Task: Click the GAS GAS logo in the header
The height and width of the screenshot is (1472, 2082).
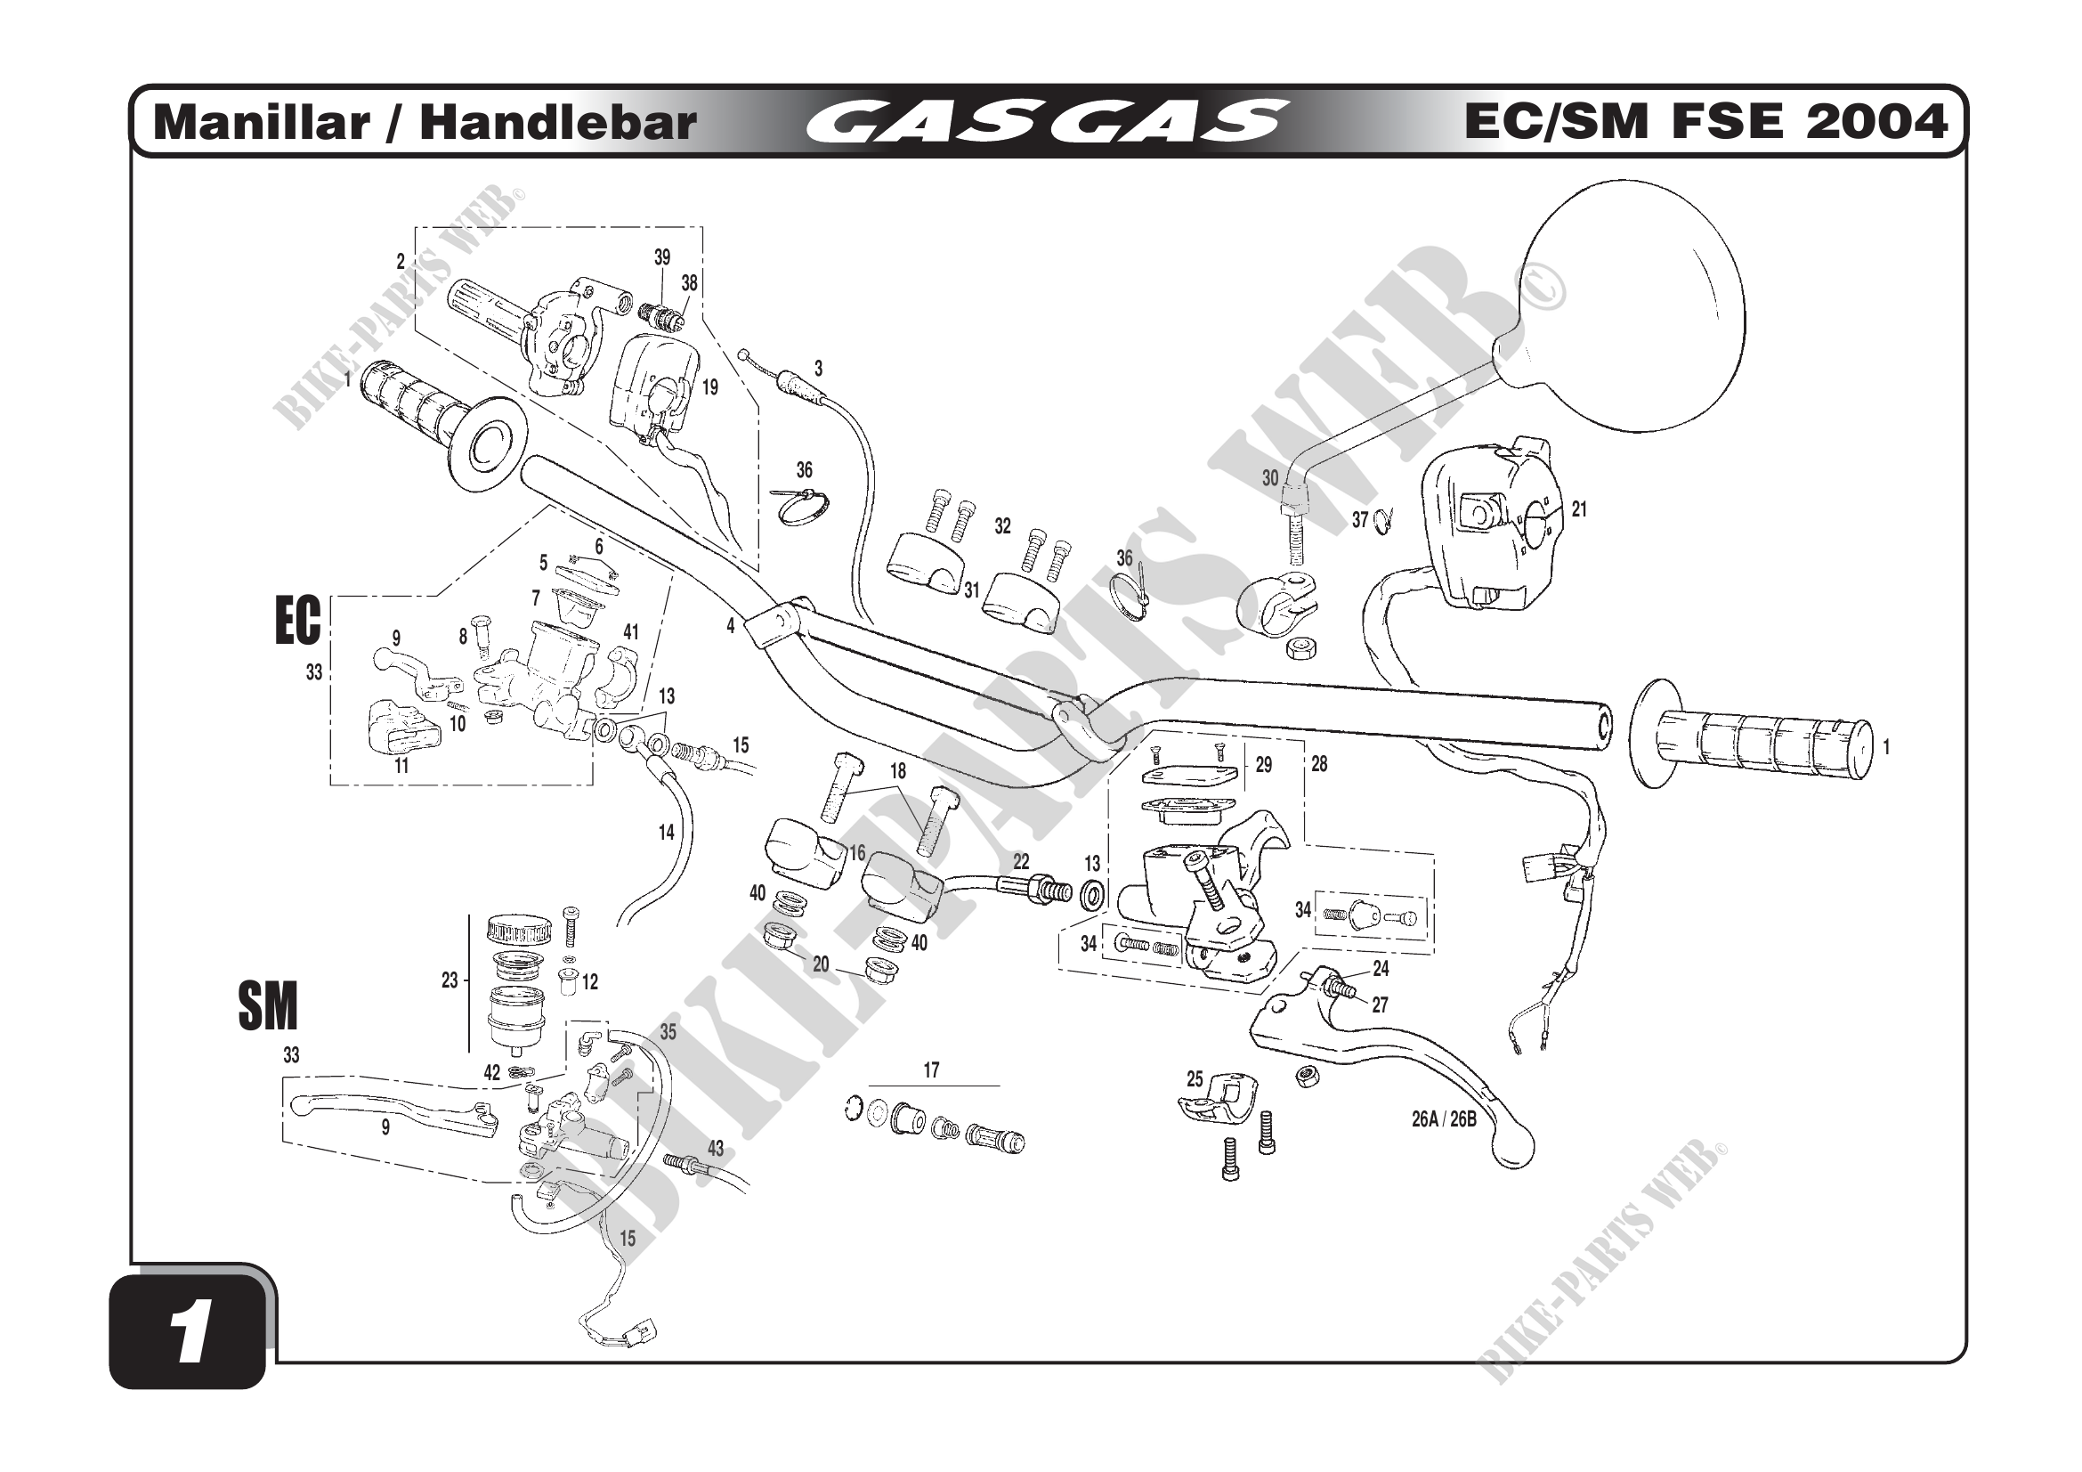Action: (1047, 122)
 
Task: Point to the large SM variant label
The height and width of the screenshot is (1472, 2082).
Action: (268, 1007)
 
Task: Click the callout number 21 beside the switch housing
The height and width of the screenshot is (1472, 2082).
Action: (1579, 509)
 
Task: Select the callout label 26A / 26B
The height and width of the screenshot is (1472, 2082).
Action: (1444, 1119)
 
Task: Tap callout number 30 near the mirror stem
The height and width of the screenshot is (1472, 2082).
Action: (1269, 478)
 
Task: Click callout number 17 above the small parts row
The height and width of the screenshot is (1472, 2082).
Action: (931, 1070)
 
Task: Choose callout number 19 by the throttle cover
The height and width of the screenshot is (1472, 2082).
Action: (710, 387)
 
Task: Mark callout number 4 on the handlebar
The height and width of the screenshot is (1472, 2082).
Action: (730, 626)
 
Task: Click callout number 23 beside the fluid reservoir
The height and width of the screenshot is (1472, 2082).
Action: (450, 980)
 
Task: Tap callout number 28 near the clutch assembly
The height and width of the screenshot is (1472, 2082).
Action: (1318, 765)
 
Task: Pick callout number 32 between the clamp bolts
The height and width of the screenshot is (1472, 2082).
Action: (1002, 526)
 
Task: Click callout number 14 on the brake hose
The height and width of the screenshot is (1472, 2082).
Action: (667, 832)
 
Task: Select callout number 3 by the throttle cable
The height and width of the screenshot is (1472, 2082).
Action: (818, 369)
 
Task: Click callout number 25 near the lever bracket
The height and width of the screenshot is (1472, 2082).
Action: (1195, 1078)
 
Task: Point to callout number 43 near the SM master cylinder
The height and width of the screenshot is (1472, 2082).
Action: (716, 1148)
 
